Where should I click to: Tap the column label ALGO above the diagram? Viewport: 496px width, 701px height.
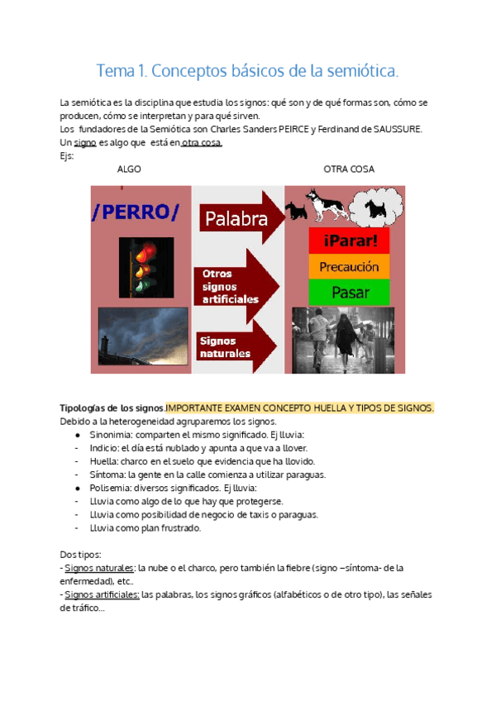[129, 169]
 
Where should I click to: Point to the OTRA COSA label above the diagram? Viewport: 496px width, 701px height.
[348, 169]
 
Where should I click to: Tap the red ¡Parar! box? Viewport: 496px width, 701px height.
[349, 241]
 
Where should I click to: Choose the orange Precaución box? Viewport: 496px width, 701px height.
[349, 267]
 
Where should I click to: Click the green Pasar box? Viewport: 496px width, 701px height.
[349, 292]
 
